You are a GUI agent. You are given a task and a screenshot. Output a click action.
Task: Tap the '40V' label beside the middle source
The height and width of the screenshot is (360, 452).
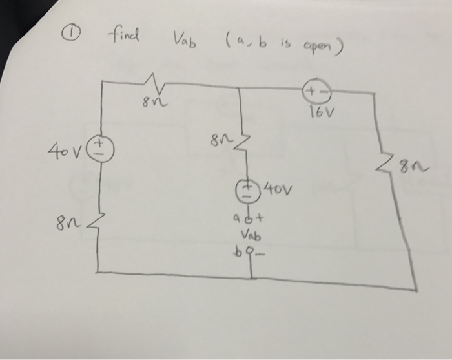tap(278, 191)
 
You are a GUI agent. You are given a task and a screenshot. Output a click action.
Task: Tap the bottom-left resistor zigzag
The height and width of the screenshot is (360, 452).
tap(98, 224)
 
